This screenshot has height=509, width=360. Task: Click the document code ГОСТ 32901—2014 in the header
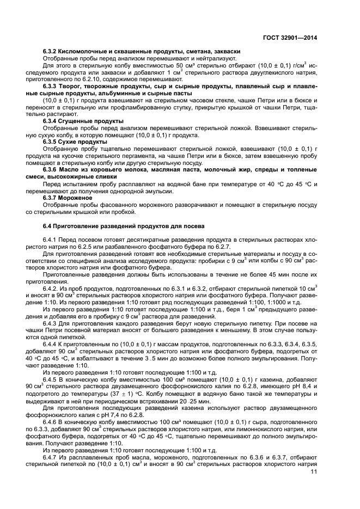(290, 38)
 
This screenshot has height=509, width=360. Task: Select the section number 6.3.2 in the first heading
(51, 51)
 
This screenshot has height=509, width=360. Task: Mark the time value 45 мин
(265, 275)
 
